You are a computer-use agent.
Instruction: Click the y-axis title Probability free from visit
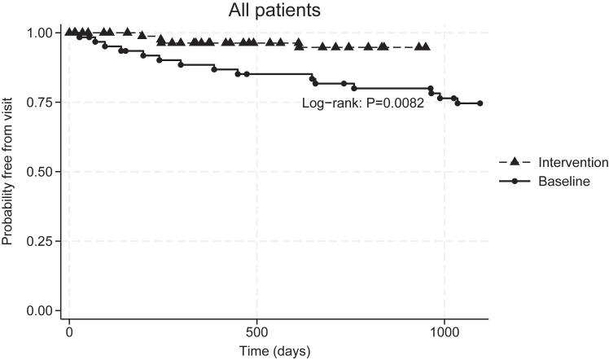pos(9,171)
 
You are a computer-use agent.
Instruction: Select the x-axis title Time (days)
pos(274,351)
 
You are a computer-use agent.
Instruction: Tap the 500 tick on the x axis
pos(256,333)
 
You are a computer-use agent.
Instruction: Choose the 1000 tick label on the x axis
pos(444,333)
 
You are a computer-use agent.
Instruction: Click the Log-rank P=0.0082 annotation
pos(363,103)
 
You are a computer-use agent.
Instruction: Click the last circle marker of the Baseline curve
pos(480,103)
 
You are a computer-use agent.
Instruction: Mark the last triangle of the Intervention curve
pos(426,47)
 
